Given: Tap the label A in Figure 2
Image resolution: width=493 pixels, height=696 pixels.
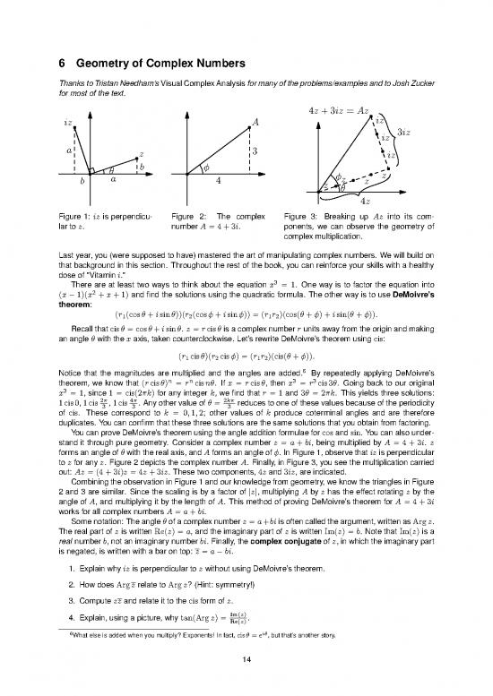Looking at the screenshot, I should click(x=256, y=122).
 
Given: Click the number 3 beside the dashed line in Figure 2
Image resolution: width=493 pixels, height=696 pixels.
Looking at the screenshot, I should click(x=255, y=151).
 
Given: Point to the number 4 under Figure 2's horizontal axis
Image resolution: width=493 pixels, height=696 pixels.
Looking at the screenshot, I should click(x=219, y=181).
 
